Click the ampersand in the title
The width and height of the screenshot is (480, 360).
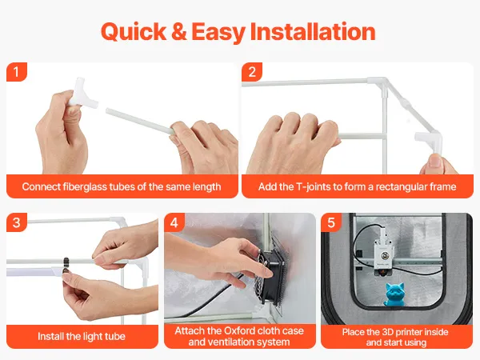click(x=179, y=31)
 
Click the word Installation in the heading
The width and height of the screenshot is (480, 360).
click(x=313, y=31)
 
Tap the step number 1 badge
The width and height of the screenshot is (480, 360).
click(x=17, y=72)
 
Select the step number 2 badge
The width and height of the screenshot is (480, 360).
click(x=252, y=72)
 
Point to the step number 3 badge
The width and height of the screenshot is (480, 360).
click(x=17, y=222)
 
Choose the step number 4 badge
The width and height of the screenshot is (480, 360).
click(x=174, y=222)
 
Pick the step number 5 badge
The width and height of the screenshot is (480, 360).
click(x=331, y=222)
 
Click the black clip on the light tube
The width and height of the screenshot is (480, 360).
click(x=66, y=262)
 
